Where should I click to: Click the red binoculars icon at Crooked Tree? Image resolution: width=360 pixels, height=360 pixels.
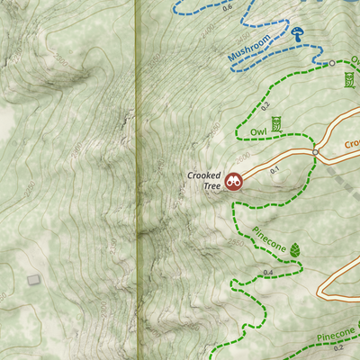[234, 181]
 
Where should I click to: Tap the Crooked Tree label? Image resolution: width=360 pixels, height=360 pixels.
[204, 180]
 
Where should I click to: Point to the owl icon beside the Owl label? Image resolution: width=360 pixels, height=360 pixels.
[277, 123]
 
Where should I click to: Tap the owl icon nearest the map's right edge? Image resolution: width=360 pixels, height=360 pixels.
[348, 80]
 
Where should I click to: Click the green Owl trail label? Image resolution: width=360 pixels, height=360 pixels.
[258, 130]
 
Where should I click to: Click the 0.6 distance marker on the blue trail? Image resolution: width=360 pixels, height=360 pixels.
[227, 7]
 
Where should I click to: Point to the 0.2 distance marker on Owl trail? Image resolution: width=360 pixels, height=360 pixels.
[265, 106]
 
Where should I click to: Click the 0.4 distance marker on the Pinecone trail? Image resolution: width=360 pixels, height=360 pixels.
[267, 272]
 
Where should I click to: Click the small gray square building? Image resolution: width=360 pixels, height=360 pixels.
[34, 280]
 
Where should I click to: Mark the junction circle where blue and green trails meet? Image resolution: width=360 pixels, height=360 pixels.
[331, 63]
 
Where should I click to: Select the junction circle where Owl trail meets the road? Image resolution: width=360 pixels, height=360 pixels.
[314, 153]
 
